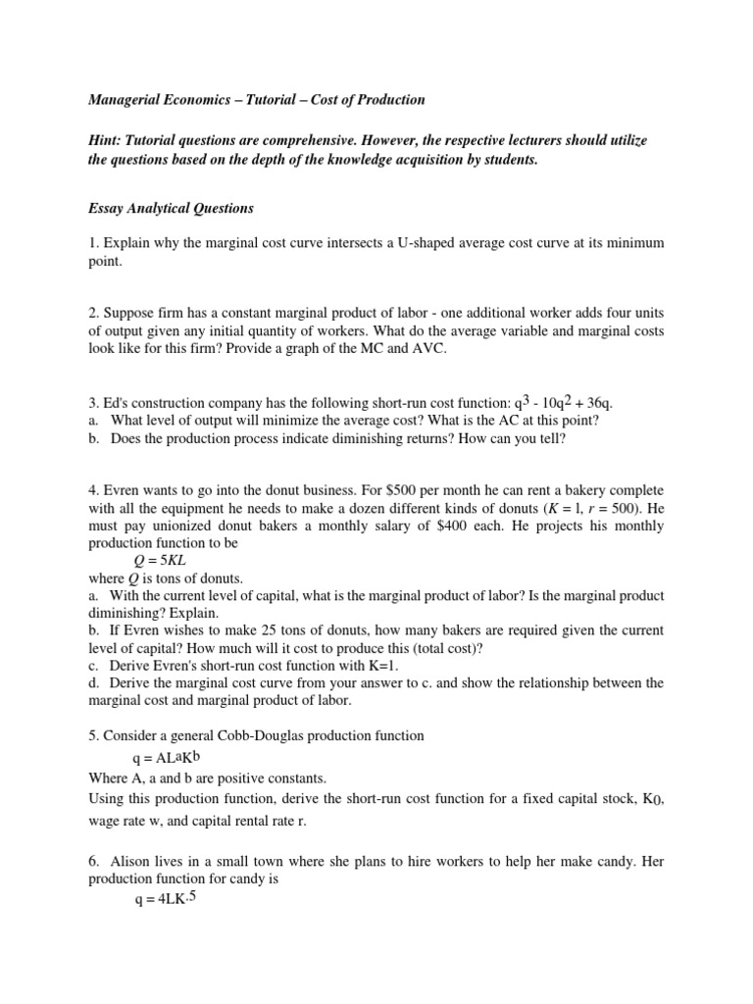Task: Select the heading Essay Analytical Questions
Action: (x=171, y=208)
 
